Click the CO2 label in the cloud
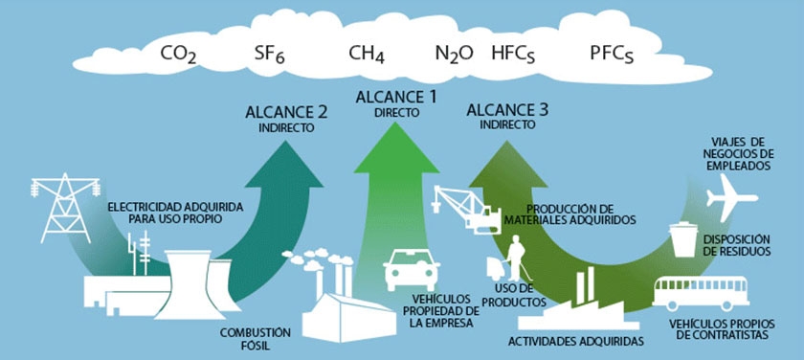(178, 55)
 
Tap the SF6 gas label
(270, 55)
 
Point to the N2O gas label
(454, 55)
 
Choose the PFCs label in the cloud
(613, 55)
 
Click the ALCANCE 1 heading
(396, 97)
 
